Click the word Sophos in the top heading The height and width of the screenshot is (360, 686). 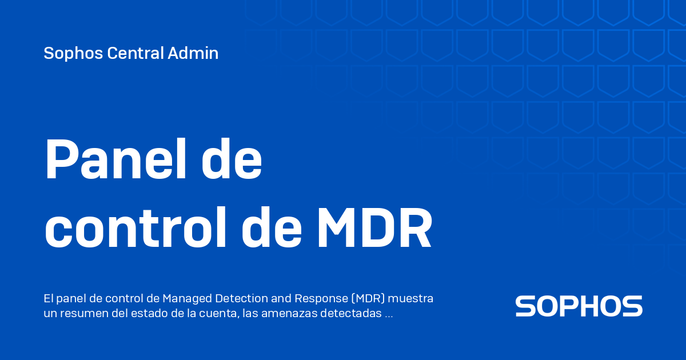[73, 53]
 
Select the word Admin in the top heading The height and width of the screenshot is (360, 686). [193, 53]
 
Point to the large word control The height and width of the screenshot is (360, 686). [135, 227]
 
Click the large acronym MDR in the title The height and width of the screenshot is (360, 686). [374, 228]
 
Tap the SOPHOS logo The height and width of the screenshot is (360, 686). [579, 306]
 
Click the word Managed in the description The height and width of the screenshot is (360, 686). [187, 298]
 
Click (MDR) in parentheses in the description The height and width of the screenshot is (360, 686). [368, 298]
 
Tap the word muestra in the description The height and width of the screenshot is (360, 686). [410, 298]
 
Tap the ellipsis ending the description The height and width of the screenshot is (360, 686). [389, 317]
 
